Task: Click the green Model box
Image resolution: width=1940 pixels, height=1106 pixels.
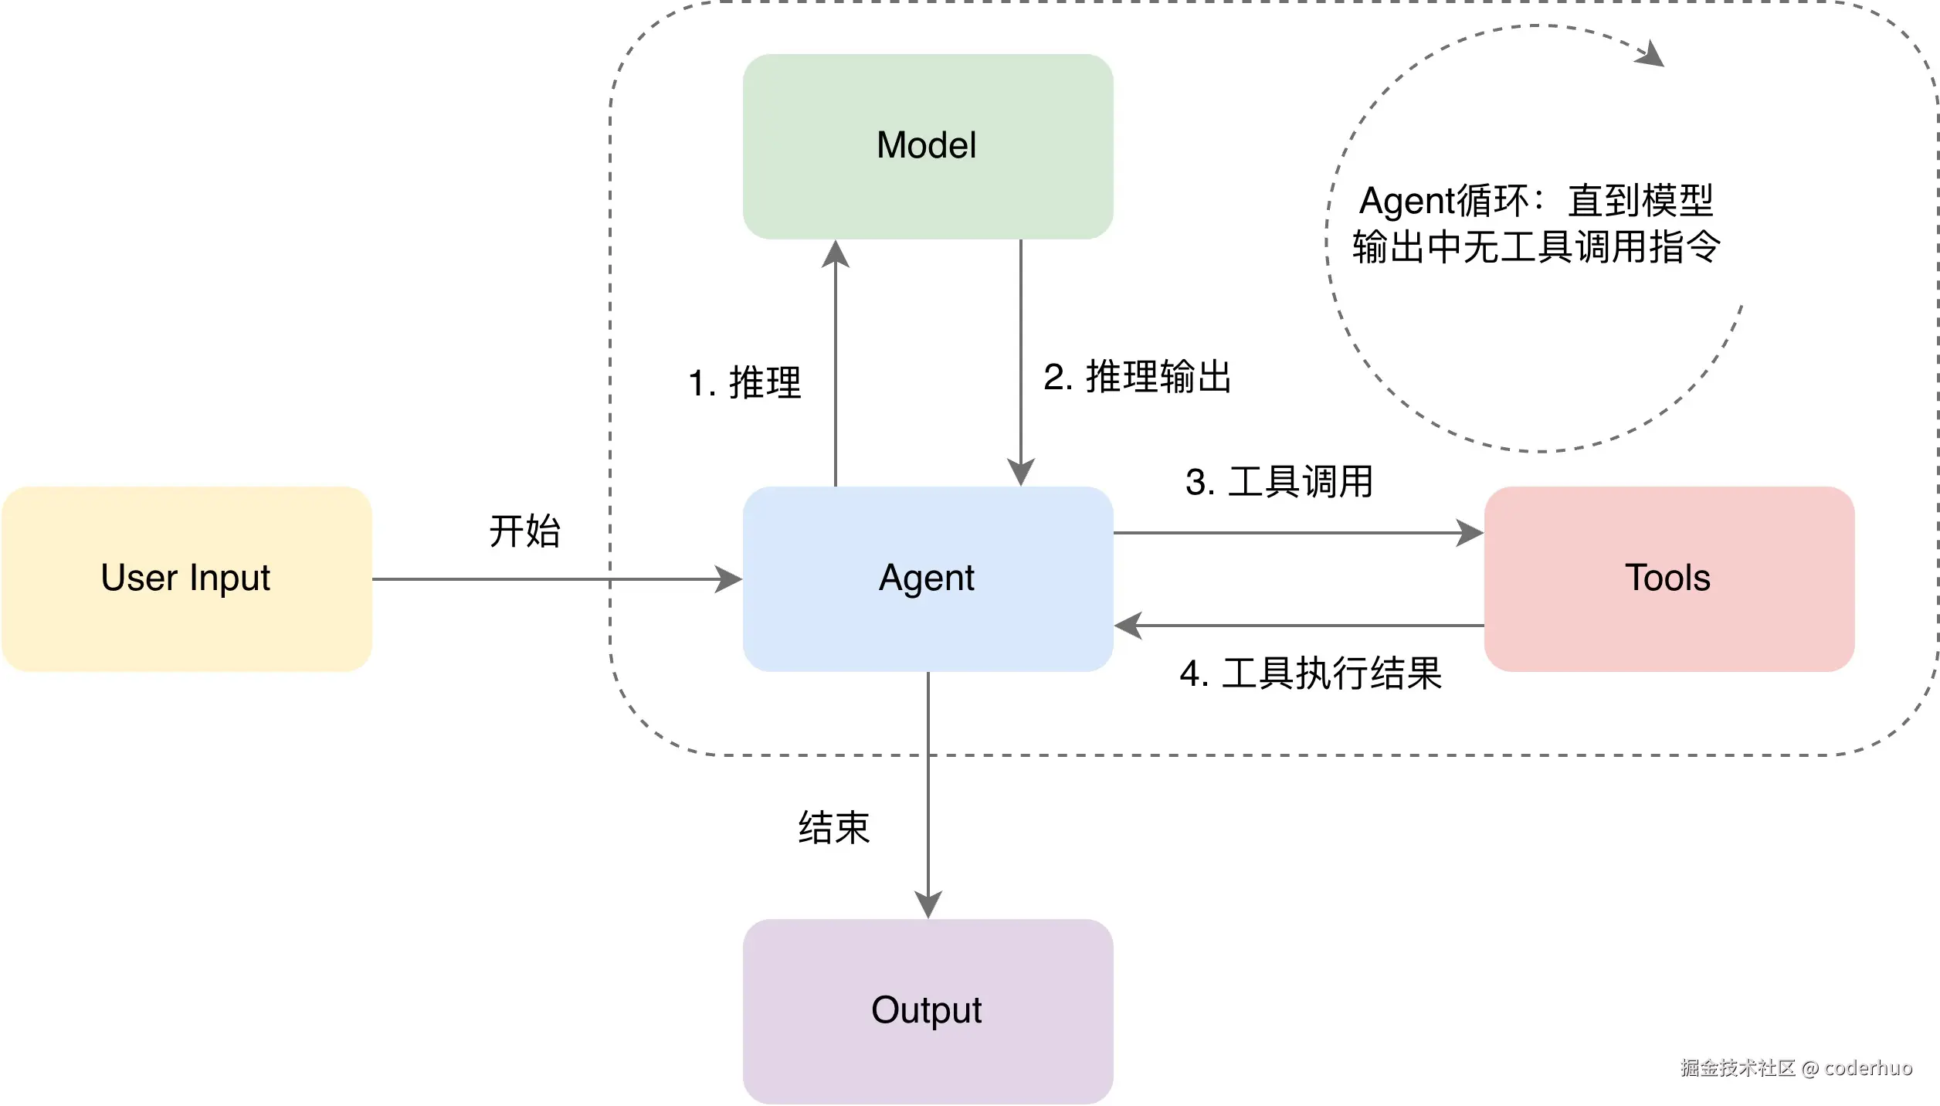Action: pyautogui.click(x=928, y=146)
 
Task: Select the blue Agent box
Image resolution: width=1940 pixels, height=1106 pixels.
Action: pyautogui.click(x=928, y=578)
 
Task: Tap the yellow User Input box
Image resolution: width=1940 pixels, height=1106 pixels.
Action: pyautogui.click(x=186, y=578)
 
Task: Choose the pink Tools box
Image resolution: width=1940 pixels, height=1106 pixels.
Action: pyautogui.click(x=1669, y=578)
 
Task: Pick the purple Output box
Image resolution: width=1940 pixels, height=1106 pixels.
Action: pyautogui.click(x=928, y=1011)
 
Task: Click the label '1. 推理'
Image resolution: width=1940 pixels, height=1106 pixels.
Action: pyautogui.click(x=745, y=383)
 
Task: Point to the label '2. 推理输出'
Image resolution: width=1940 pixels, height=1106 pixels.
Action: pyautogui.click(x=1137, y=377)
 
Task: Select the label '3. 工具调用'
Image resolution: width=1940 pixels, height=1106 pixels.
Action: pyautogui.click(x=1279, y=482)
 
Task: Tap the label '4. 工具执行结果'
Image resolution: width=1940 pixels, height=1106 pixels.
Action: pyautogui.click(x=1311, y=673)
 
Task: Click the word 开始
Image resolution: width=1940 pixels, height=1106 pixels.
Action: pyautogui.click(x=524, y=531)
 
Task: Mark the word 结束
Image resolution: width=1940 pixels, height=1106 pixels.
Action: pyautogui.click(x=834, y=828)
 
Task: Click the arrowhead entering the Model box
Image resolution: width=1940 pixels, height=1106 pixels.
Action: pyautogui.click(x=836, y=253)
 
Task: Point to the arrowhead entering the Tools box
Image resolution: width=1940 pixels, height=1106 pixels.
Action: pyautogui.click(x=1469, y=533)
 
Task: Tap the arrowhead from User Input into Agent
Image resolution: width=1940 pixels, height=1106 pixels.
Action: pyautogui.click(x=728, y=579)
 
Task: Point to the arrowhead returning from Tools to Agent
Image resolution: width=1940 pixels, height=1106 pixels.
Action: pyautogui.click(x=1128, y=626)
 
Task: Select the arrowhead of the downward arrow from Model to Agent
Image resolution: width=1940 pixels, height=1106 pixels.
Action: pyautogui.click(x=1021, y=471)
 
